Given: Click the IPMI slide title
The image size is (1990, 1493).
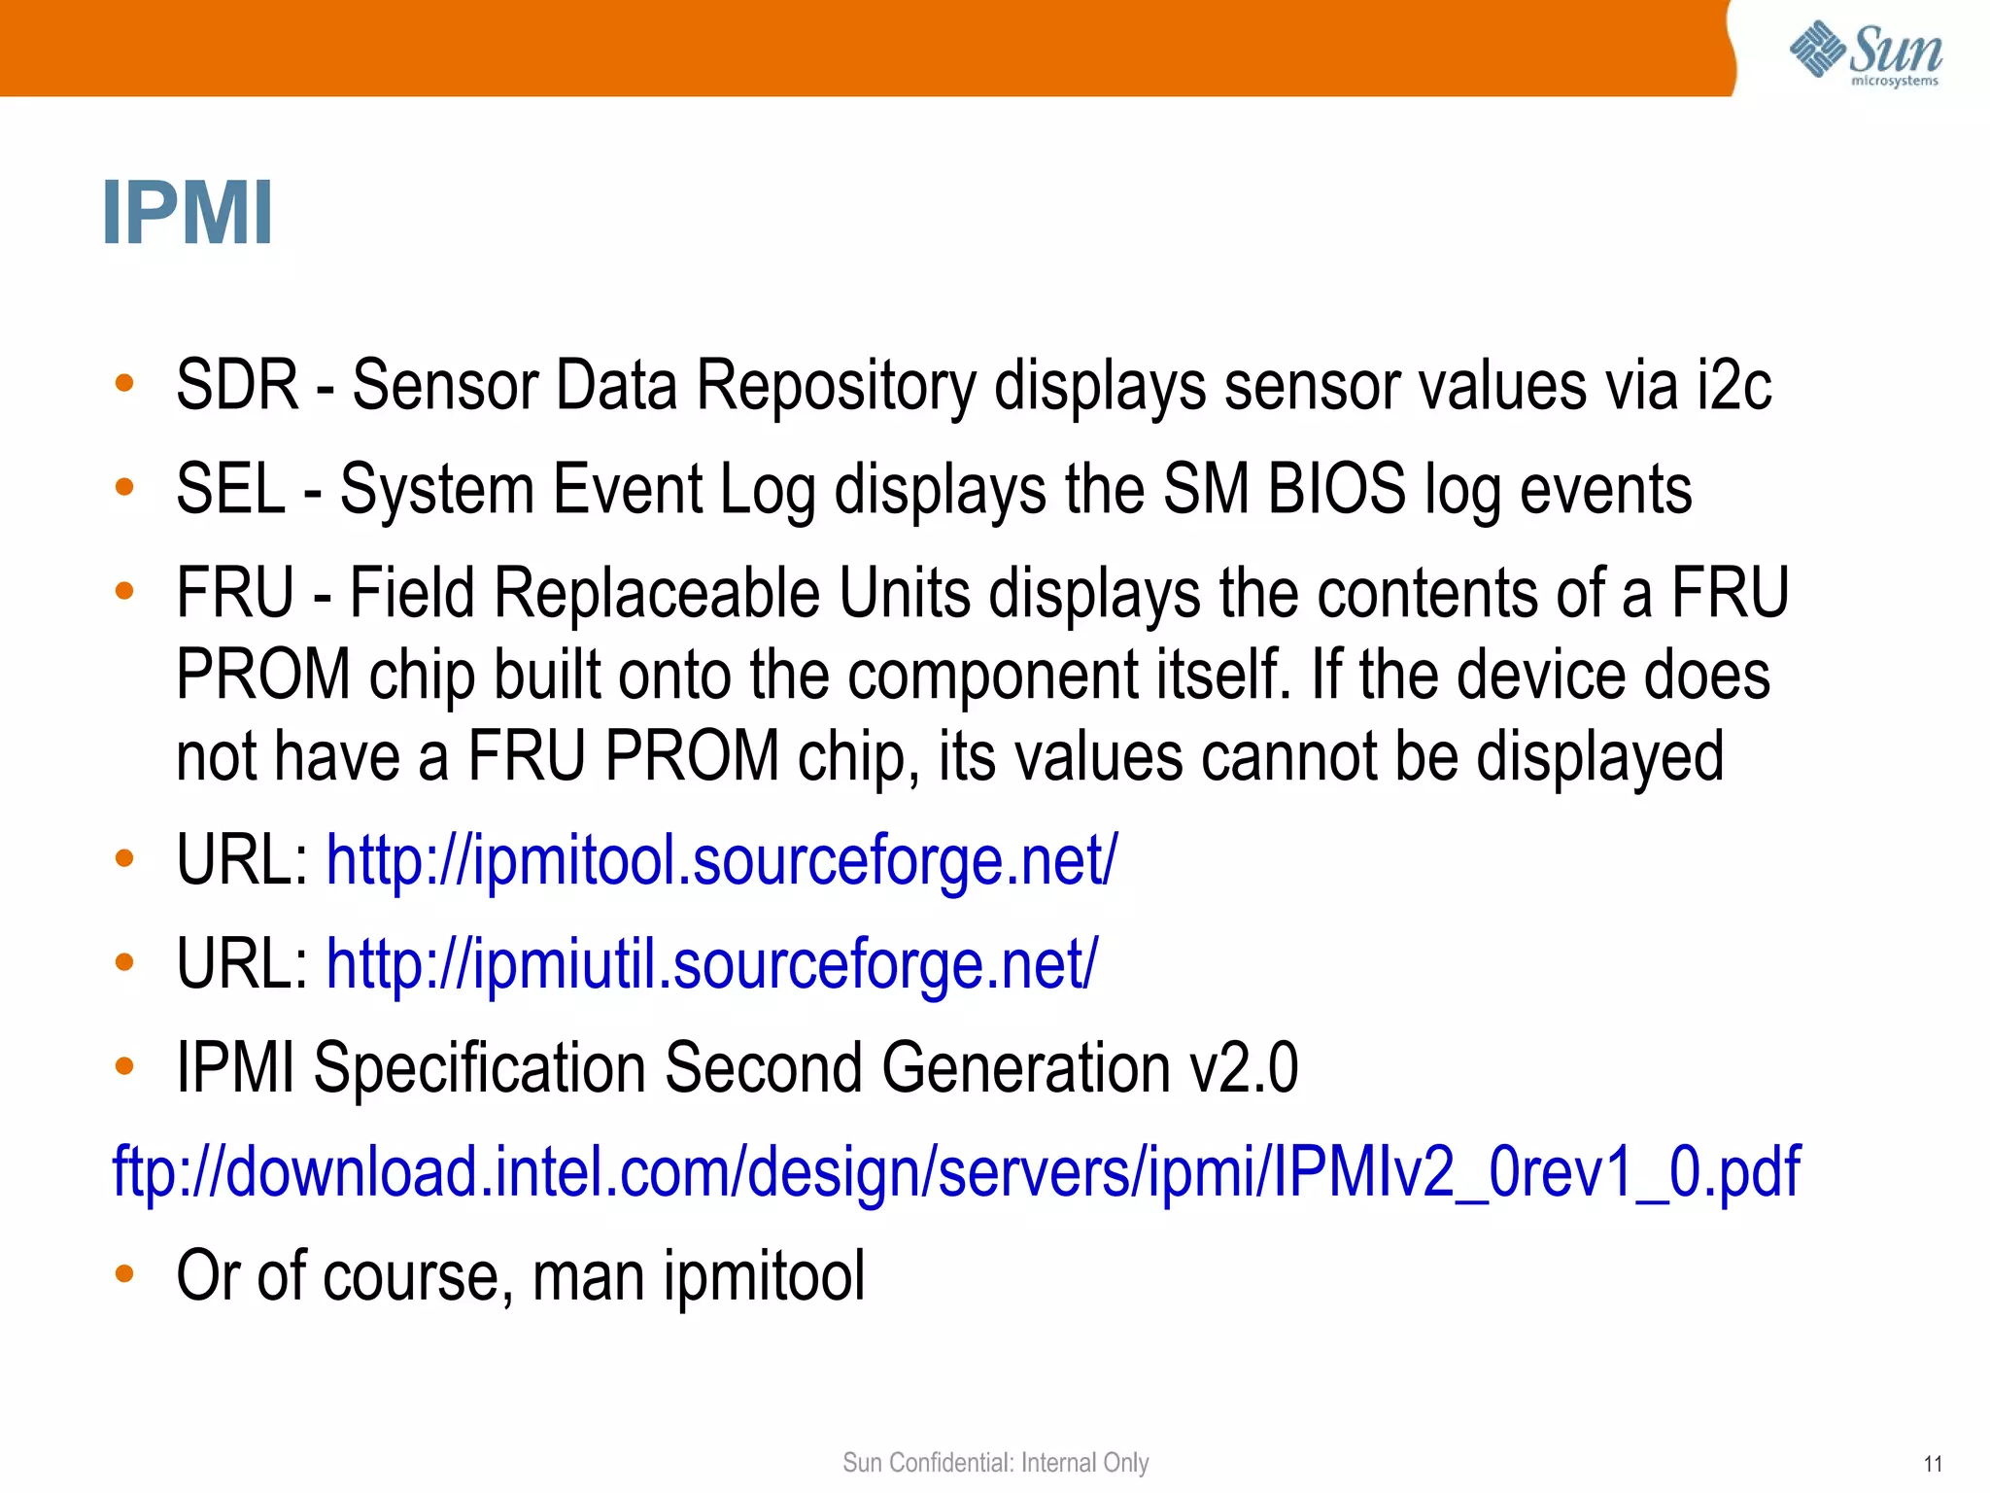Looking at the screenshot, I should [188, 214].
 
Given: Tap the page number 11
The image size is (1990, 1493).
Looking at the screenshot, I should [1933, 1464].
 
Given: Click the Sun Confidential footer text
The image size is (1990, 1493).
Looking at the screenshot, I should [995, 1462].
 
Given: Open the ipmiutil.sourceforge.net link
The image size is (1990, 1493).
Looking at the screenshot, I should [711, 964].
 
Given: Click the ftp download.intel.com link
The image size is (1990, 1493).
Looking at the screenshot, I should [956, 1172].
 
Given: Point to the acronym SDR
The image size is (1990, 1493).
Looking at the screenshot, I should [236, 386].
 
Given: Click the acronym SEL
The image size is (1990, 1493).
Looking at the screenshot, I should [230, 489].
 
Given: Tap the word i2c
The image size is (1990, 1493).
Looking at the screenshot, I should [1733, 386].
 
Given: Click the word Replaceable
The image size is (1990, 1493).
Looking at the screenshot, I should [657, 593].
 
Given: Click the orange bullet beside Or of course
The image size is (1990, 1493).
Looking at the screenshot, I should [123, 1274].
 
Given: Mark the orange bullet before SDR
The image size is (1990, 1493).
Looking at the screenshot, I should [123, 383].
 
